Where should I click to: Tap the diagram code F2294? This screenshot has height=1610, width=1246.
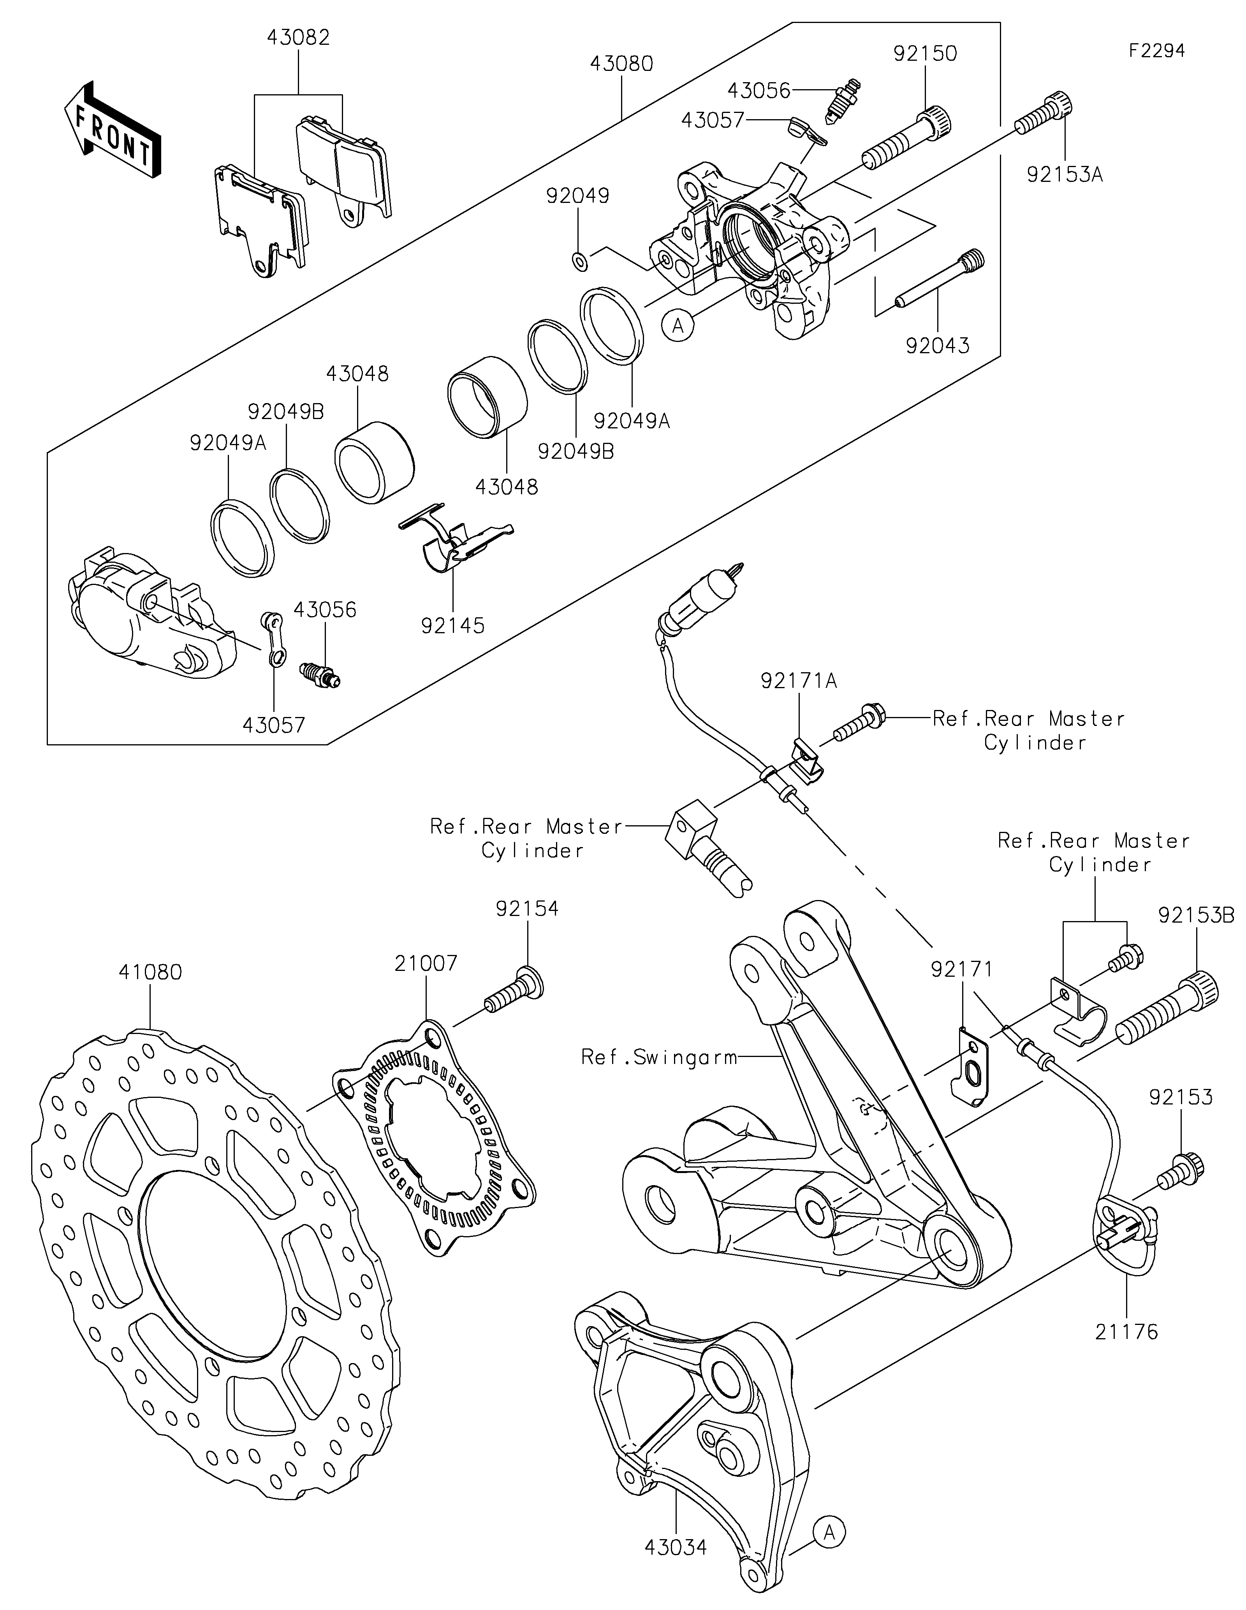[1157, 51]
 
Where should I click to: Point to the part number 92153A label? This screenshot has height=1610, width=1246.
[1065, 175]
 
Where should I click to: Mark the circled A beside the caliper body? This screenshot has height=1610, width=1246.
[678, 325]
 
